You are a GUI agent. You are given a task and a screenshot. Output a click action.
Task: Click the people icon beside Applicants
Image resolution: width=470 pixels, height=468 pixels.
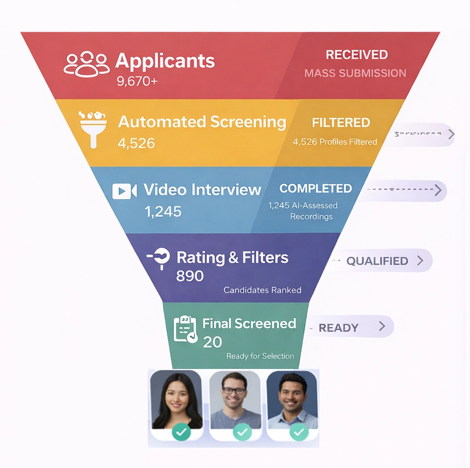(87, 64)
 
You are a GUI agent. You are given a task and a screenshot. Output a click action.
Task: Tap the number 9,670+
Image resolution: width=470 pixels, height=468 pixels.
(137, 81)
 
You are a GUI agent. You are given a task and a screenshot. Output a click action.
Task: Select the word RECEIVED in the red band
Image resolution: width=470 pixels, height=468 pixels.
(357, 55)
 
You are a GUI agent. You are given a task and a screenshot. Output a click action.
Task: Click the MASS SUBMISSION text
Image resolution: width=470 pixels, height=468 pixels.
(355, 73)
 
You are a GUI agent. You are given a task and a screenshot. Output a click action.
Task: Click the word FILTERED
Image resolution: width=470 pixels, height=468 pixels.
(341, 123)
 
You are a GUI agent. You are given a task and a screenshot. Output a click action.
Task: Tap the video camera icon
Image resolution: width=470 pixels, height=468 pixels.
(124, 191)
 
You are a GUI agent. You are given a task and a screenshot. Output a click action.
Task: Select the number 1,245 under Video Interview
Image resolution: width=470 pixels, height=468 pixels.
(163, 212)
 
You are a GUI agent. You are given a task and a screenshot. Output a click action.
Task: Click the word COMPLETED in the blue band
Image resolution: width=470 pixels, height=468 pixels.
(315, 188)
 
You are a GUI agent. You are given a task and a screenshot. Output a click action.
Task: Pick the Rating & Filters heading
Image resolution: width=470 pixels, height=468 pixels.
(232, 258)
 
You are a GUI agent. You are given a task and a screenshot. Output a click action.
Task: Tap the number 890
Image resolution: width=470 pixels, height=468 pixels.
(190, 276)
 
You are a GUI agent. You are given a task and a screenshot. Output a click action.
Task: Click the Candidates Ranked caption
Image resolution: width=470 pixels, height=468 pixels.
(262, 290)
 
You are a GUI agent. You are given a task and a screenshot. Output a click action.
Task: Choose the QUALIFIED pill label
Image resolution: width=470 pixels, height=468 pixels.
(377, 261)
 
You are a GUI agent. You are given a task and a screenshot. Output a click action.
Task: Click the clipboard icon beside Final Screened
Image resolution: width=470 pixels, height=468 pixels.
(185, 329)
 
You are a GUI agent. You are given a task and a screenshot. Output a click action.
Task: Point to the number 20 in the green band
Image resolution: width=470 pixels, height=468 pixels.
(213, 342)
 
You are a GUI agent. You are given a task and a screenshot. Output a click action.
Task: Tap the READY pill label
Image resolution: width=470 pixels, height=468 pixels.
(338, 328)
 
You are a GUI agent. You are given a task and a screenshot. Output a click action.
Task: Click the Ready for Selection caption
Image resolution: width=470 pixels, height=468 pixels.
(260, 356)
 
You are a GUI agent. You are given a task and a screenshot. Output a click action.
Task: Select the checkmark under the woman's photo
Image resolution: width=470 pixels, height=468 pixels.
(181, 432)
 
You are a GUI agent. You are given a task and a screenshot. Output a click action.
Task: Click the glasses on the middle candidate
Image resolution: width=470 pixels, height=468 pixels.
(234, 391)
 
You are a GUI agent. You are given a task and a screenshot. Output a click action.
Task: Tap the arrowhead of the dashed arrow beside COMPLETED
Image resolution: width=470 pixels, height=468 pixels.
(438, 190)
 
